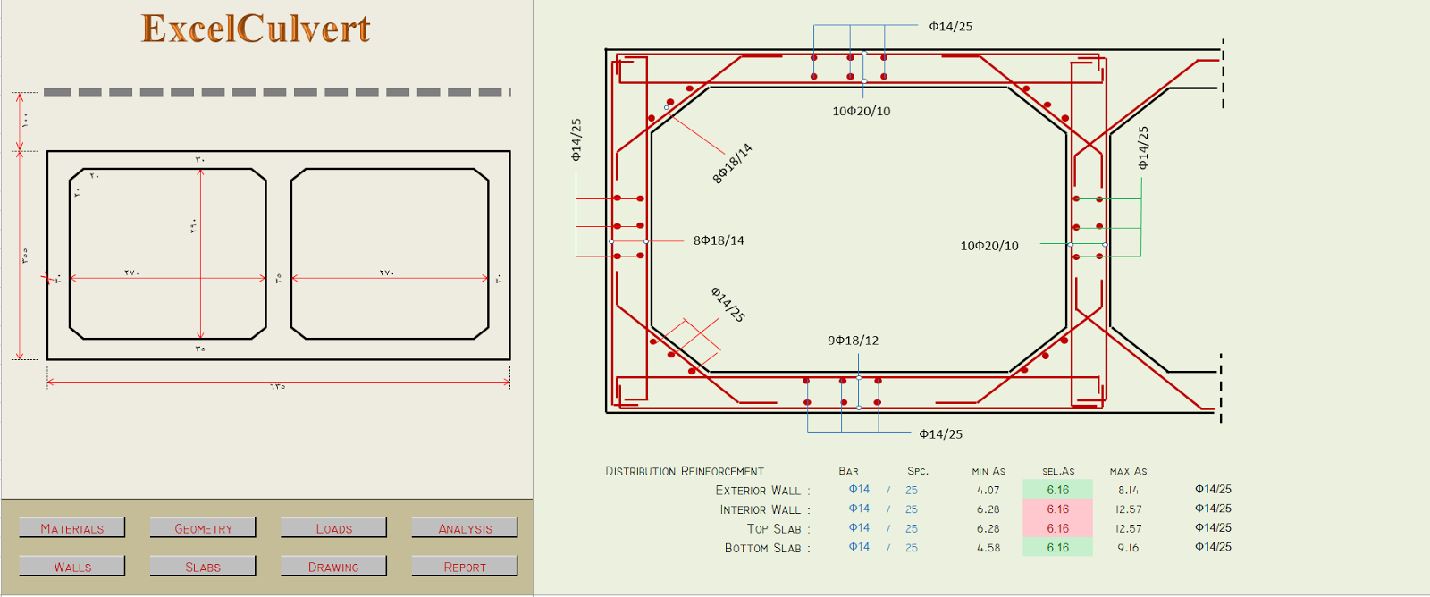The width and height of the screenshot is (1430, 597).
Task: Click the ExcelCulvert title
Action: (x=256, y=29)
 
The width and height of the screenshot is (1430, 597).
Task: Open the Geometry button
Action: (x=203, y=528)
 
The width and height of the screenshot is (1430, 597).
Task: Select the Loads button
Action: (x=333, y=528)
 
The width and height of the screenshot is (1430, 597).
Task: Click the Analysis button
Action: (x=465, y=528)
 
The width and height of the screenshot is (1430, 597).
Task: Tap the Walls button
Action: (x=72, y=567)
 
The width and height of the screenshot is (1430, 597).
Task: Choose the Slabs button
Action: (x=203, y=567)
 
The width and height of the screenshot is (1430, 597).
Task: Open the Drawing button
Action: (x=333, y=567)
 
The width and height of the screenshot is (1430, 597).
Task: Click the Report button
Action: (x=465, y=567)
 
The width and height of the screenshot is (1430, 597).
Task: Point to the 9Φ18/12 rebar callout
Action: (x=853, y=341)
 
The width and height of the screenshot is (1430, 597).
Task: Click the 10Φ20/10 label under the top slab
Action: (x=861, y=112)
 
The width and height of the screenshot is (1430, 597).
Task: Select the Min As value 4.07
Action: (x=988, y=490)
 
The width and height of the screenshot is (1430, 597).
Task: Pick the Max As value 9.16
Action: (x=1128, y=548)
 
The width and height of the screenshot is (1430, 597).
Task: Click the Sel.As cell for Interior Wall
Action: (x=1057, y=509)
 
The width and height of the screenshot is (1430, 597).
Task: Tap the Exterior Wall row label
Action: (x=761, y=491)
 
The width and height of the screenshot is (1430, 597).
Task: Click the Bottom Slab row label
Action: (x=766, y=548)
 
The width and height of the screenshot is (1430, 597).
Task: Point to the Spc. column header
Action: (x=917, y=471)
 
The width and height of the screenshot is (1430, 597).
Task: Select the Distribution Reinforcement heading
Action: (x=685, y=471)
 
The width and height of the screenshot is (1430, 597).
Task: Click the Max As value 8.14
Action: (x=1128, y=490)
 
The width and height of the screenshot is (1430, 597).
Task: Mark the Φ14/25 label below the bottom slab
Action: (x=940, y=434)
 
